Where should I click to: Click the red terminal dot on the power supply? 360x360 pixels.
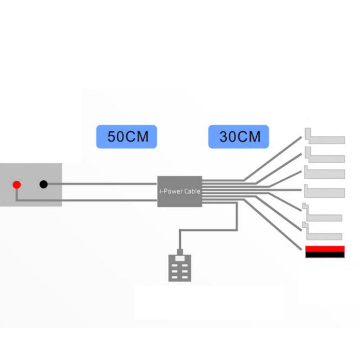point(17,184)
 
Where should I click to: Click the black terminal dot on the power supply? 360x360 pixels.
point(43,184)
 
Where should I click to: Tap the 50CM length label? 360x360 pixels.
point(127,136)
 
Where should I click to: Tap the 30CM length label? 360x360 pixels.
point(239,136)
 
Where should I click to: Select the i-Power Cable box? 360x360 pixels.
point(180,192)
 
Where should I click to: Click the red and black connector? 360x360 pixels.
point(325,252)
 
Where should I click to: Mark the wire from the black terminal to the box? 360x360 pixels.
point(102,184)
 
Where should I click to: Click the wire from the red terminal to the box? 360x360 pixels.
point(86,200)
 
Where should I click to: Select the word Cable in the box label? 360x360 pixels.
point(193,191)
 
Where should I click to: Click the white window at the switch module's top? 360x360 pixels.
point(180,258)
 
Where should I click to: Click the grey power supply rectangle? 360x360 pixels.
point(31,184)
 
